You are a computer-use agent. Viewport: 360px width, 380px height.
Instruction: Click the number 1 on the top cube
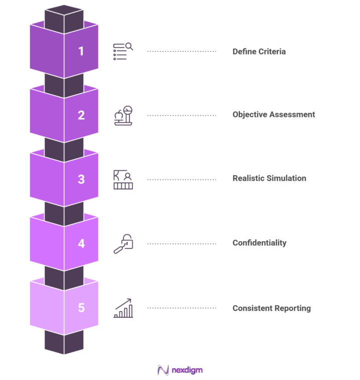point(81,51)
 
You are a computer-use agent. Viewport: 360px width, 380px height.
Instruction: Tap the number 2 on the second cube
point(81,115)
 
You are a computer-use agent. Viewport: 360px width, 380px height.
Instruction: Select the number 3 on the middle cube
point(81,179)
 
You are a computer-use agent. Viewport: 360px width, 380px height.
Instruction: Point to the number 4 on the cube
point(81,244)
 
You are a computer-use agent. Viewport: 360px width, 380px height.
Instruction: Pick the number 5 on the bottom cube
point(81,308)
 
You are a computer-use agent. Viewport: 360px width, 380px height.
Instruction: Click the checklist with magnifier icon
point(123,51)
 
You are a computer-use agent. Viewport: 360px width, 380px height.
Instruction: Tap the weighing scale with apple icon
point(123,115)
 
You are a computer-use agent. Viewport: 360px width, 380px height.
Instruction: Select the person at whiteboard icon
point(123,179)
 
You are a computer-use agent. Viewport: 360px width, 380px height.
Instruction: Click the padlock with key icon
point(123,244)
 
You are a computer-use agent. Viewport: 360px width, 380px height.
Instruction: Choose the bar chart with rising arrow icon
point(123,308)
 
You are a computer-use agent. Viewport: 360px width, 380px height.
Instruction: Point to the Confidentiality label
point(259,243)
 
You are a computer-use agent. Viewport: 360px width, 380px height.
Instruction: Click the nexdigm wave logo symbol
point(163,370)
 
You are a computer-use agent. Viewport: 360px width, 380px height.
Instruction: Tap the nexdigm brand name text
point(187,370)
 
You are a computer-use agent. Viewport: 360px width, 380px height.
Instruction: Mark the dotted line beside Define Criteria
point(182,51)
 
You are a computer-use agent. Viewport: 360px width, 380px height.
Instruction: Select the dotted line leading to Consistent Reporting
point(182,308)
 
